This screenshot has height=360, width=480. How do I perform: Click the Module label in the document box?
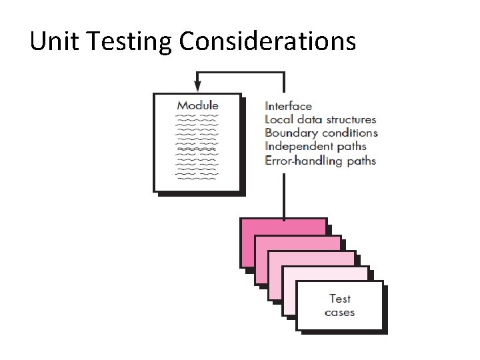click(x=197, y=105)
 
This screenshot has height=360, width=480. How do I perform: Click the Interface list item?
click(x=288, y=105)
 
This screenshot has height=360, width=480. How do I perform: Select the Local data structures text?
click(x=320, y=119)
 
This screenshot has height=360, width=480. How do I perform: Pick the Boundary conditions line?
click(x=321, y=133)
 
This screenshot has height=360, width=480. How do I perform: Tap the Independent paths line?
click(x=315, y=147)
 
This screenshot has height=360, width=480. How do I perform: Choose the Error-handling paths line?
click(x=320, y=161)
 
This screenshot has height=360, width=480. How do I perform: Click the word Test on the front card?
click(x=340, y=299)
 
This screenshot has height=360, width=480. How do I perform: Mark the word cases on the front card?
click(x=340, y=312)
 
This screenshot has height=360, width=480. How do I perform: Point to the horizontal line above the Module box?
click(x=240, y=72)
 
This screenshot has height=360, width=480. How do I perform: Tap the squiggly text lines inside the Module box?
click(x=197, y=147)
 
